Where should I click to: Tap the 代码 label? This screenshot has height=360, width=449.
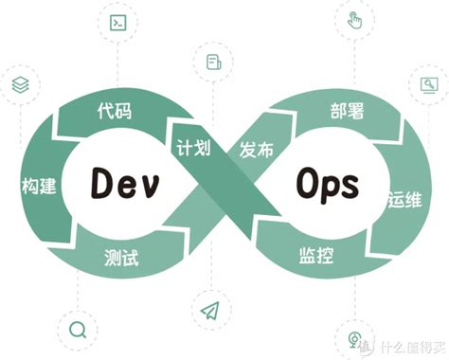click(x=114, y=112)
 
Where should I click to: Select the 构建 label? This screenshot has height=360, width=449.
click(x=38, y=185)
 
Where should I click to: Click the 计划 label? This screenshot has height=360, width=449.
click(x=192, y=150)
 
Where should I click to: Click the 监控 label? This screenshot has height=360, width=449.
click(x=317, y=254)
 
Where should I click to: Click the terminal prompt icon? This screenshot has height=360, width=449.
click(x=119, y=23)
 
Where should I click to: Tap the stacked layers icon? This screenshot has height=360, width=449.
click(x=20, y=84)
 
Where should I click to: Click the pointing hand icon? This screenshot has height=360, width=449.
click(x=354, y=20)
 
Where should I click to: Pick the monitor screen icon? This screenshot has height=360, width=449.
click(x=428, y=85)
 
